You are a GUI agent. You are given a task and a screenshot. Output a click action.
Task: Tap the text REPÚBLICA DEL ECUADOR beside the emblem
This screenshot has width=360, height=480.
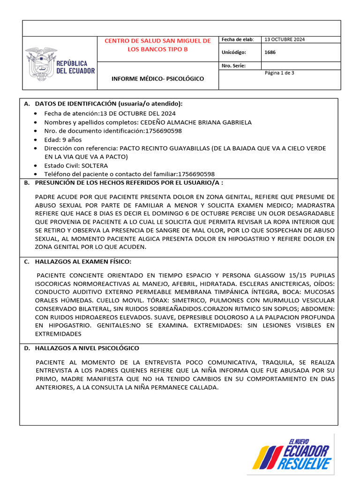(x=75, y=67)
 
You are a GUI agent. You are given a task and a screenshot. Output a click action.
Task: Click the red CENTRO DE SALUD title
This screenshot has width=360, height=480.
(x=157, y=45)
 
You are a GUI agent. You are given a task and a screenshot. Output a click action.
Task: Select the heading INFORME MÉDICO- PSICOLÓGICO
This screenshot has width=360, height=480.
(x=157, y=79)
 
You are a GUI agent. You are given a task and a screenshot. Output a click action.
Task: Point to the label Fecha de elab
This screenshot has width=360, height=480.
(x=237, y=39)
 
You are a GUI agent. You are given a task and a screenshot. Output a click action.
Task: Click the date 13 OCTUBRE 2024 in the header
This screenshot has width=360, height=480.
(x=285, y=39)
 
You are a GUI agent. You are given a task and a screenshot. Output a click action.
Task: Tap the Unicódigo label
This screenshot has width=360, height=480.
(x=233, y=52)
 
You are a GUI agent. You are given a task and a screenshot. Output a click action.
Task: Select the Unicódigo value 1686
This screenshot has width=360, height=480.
(x=270, y=52)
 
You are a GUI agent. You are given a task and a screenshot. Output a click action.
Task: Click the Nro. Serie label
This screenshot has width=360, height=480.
(x=233, y=66)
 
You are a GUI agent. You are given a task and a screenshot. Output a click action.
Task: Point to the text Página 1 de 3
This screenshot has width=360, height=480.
(x=279, y=73)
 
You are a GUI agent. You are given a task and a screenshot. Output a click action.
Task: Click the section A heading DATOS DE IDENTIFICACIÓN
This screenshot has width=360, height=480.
(x=109, y=103)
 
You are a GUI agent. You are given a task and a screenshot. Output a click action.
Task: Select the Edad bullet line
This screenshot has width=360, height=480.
(x=63, y=140)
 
